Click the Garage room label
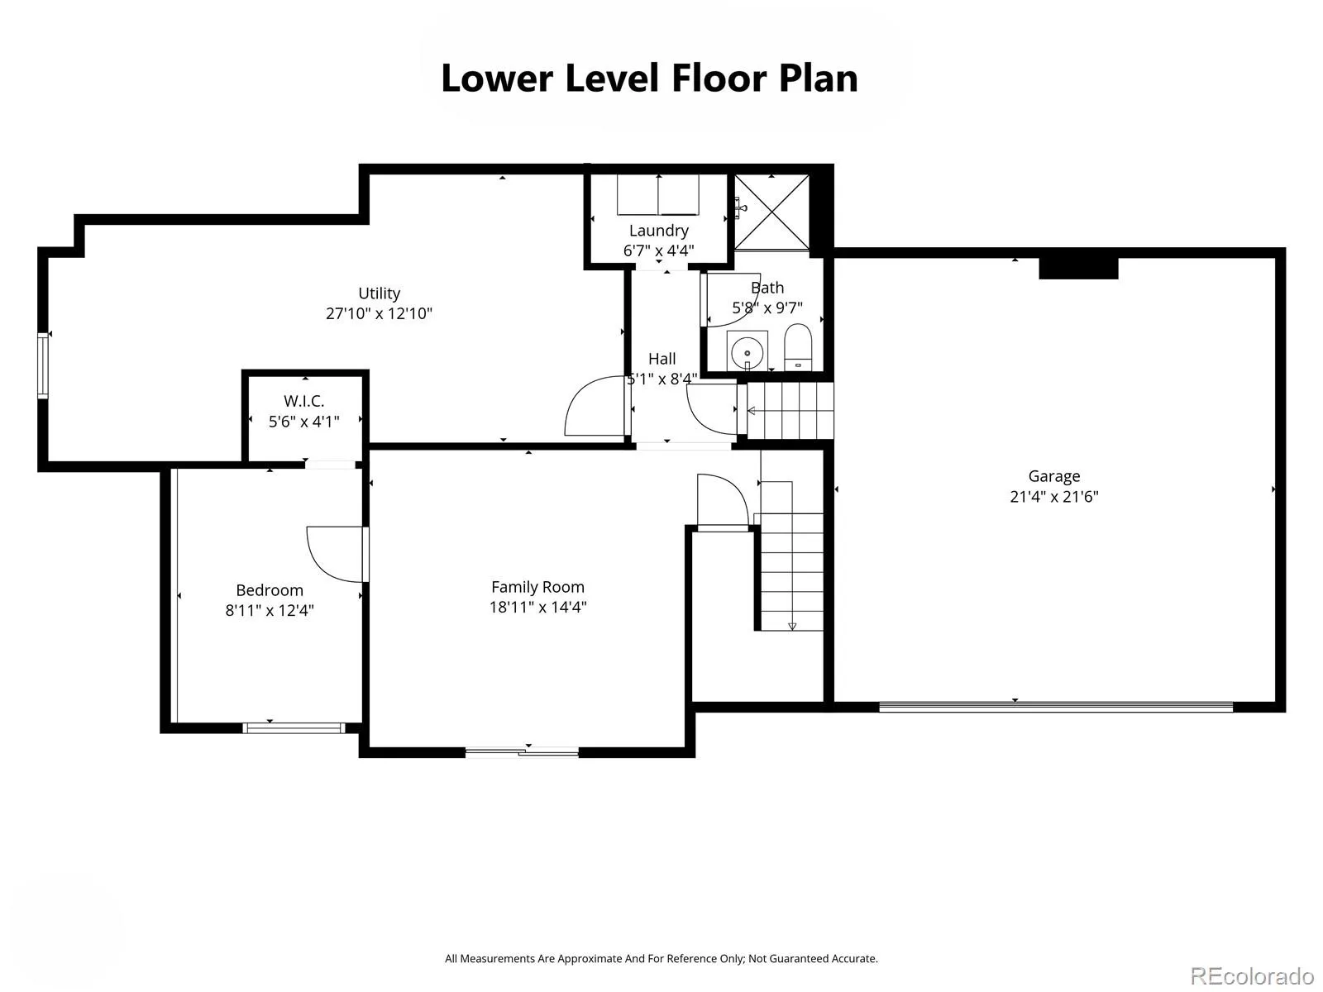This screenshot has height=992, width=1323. [1053, 476]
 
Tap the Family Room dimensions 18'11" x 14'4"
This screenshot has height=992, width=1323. [537, 607]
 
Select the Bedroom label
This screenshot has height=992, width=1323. [270, 590]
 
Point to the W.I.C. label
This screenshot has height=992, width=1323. [303, 401]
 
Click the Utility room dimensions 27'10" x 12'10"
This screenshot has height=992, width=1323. [379, 313]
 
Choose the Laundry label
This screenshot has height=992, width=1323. [659, 231]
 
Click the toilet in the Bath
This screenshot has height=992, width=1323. [798, 347]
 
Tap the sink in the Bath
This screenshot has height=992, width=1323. [747, 351]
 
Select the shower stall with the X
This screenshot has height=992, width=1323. [771, 212]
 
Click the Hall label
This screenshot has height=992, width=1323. [661, 359]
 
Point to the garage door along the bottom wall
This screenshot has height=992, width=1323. [1056, 707]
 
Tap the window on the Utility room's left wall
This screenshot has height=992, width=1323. [43, 365]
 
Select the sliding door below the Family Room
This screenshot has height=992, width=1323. [522, 751]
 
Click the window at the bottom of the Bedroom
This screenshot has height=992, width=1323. [294, 727]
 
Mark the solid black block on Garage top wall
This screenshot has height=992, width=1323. [1078, 268]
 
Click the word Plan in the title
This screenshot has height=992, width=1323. [819, 79]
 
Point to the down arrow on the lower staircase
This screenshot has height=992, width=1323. [792, 626]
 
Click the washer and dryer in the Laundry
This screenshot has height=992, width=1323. [658, 194]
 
